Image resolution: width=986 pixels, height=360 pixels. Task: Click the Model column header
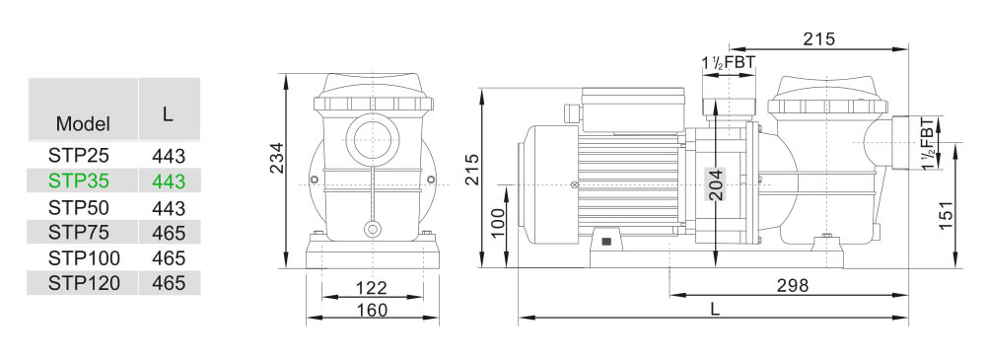click(x=83, y=124)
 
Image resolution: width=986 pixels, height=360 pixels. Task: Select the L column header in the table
click(x=169, y=113)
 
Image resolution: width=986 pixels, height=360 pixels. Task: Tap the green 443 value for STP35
click(x=169, y=180)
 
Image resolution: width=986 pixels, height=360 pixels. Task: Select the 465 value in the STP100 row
click(x=169, y=257)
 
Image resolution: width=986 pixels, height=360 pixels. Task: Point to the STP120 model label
click(x=84, y=283)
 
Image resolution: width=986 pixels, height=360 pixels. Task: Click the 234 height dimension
click(x=277, y=159)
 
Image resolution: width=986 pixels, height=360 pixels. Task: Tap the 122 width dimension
click(x=371, y=288)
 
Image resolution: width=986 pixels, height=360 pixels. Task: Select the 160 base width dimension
click(x=371, y=310)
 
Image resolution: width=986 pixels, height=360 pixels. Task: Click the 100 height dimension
click(x=498, y=223)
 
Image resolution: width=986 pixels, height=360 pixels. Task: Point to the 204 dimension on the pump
click(x=717, y=183)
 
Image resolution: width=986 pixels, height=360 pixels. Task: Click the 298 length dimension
click(x=791, y=285)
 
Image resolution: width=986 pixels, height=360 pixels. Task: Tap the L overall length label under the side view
click(x=715, y=309)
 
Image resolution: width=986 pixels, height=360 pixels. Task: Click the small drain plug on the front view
click(x=372, y=230)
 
